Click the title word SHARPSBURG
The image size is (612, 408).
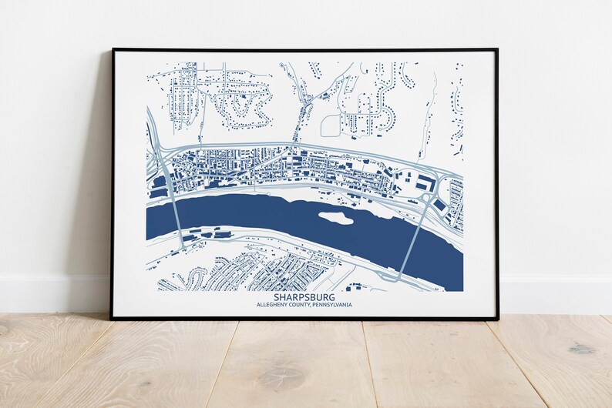(x=304, y=297)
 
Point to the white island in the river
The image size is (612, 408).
(x=335, y=218)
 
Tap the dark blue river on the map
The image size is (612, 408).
(x=254, y=219)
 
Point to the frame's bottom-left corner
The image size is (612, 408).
(x=113, y=317)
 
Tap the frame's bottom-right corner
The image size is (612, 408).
(x=497, y=317)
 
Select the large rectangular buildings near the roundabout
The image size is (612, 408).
(x=425, y=182)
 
